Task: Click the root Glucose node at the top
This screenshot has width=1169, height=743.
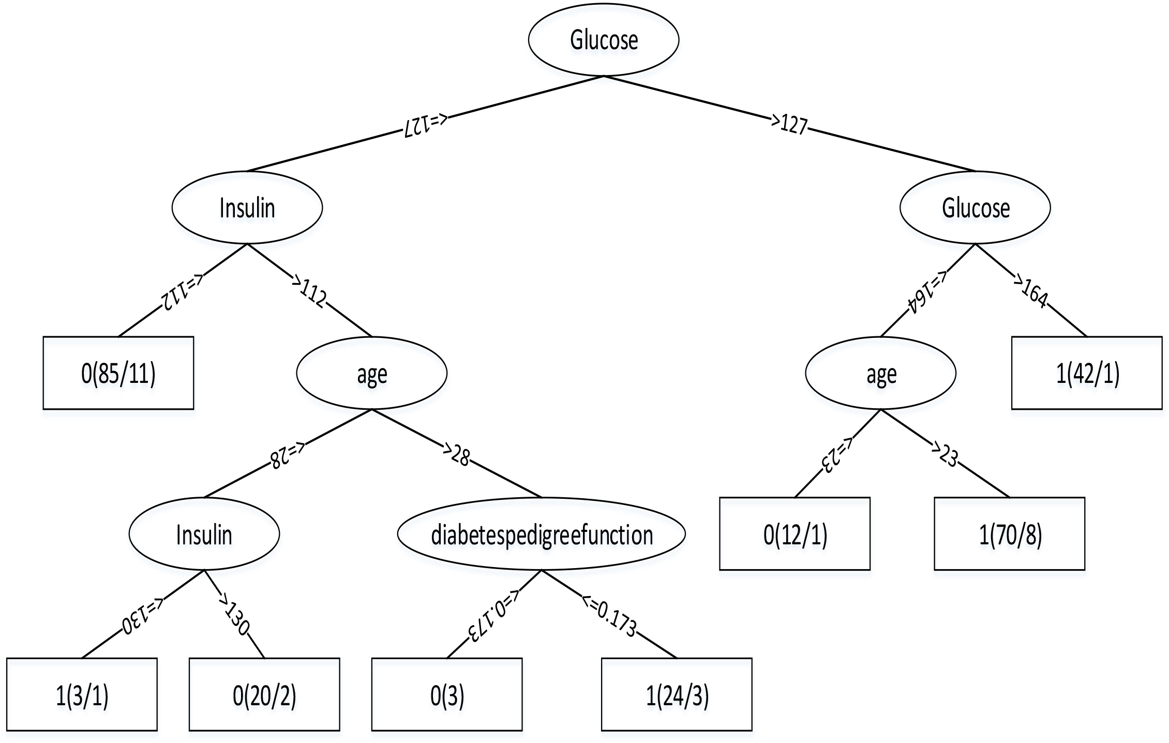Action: point(603,40)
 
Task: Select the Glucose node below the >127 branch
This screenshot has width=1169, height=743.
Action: point(975,207)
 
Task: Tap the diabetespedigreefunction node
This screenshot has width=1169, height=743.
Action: point(541,534)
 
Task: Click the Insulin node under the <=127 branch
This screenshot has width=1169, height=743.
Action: point(247,207)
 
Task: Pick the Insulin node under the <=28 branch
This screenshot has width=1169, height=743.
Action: point(204,534)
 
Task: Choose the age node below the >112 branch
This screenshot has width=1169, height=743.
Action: point(371,373)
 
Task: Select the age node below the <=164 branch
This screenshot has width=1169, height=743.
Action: point(880,373)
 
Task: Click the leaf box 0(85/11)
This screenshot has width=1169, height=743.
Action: point(118,373)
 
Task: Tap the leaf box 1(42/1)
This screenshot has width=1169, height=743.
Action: point(1086,373)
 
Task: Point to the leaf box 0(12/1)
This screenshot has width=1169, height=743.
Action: point(795,534)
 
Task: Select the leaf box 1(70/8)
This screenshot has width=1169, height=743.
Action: point(1009,534)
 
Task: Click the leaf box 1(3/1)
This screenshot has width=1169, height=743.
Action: point(82,694)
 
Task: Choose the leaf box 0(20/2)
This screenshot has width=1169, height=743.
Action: point(264,694)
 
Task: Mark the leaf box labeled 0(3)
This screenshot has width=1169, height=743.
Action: point(447,694)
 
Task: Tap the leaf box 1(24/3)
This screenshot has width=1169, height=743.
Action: point(677,694)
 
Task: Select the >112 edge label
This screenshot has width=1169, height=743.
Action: point(309,291)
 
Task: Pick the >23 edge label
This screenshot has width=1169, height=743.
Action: point(945,455)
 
